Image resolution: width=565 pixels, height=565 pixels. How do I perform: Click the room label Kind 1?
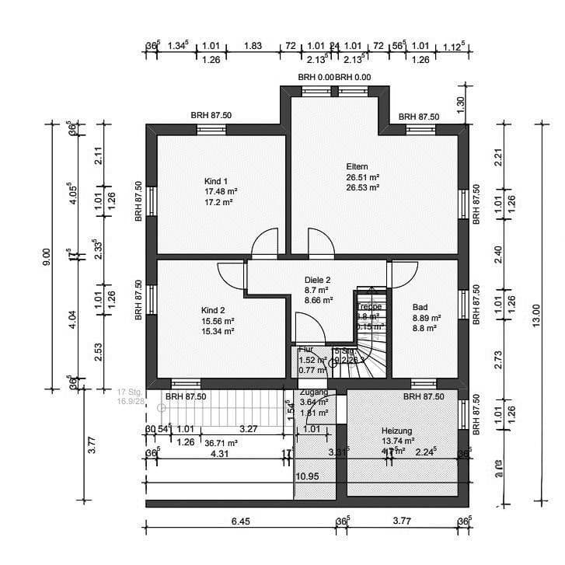pyautogui.click(x=216, y=180)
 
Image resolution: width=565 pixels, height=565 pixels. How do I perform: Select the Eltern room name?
pyautogui.click(x=357, y=166)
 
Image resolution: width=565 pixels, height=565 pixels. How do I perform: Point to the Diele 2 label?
pyautogui.click(x=318, y=280)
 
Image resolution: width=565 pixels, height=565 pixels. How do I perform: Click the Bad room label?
pyautogui.click(x=420, y=307)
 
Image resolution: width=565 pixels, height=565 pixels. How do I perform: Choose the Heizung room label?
pyautogui.click(x=396, y=431)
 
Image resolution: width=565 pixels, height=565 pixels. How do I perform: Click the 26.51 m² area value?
pyautogui.click(x=363, y=177)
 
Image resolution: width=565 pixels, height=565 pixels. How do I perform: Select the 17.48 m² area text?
pyautogui.click(x=221, y=191)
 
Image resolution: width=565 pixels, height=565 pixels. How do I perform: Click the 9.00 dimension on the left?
pyautogui.click(x=47, y=256)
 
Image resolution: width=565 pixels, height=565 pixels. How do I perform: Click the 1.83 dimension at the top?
pyautogui.click(x=253, y=46)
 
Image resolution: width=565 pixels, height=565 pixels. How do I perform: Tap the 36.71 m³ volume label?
pyautogui.click(x=221, y=442)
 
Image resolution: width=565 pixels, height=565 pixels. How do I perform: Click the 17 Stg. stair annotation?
pyautogui.click(x=128, y=392)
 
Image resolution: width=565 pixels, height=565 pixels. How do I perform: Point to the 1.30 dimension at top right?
pyautogui.click(x=460, y=101)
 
